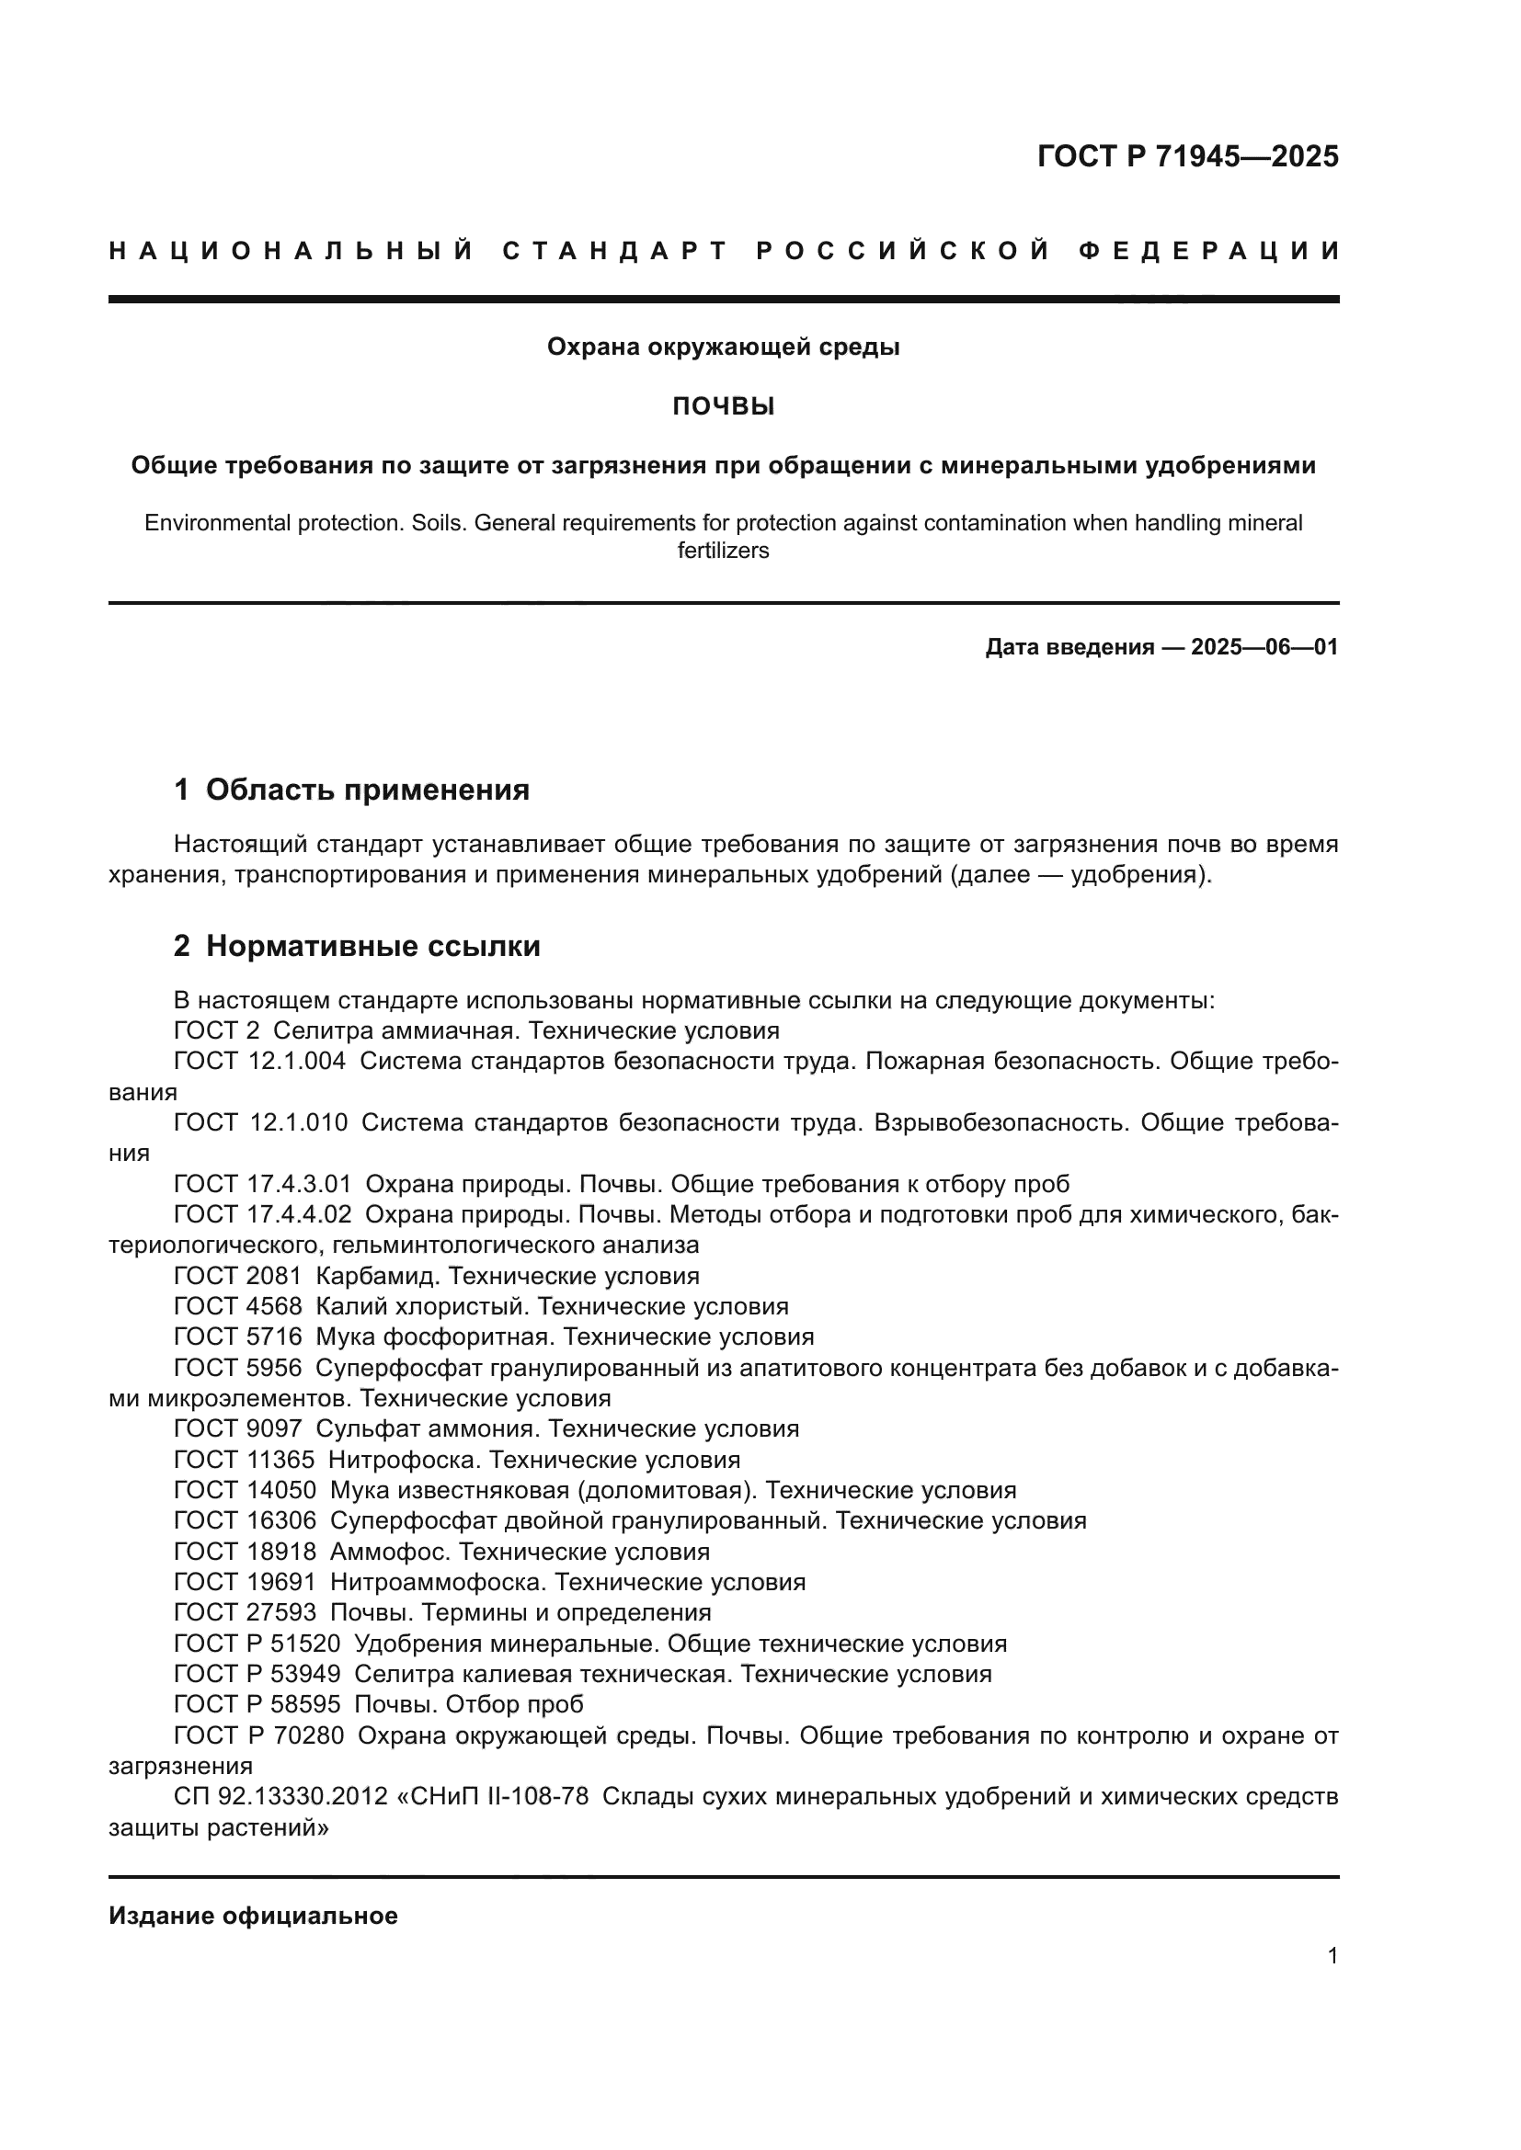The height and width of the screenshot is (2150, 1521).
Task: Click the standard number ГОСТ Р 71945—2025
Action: tap(1187, 156)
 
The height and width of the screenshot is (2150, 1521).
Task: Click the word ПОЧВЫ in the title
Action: tap(723, 406)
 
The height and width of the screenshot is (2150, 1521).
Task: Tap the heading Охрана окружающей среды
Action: tap(723, 347)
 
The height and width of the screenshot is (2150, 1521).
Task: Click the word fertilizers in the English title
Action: tap(723, 551)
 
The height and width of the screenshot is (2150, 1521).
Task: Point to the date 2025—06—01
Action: tap(1264, 647)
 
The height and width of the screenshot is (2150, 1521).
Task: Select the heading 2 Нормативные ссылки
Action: tap(357, 946)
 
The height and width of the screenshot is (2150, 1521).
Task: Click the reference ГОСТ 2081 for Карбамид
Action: tap(238, 1277)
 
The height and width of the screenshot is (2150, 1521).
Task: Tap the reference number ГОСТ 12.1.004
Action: tap(259, 1061)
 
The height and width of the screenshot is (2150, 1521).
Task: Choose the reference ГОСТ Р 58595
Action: tap(257, 1704)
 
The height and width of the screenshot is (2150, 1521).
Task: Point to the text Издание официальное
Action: tap(253, 1916)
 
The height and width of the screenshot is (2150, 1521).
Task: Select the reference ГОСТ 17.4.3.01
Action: tap(262, 1185)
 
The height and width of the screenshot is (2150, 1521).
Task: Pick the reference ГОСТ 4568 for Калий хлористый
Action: tap(238, 1306)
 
